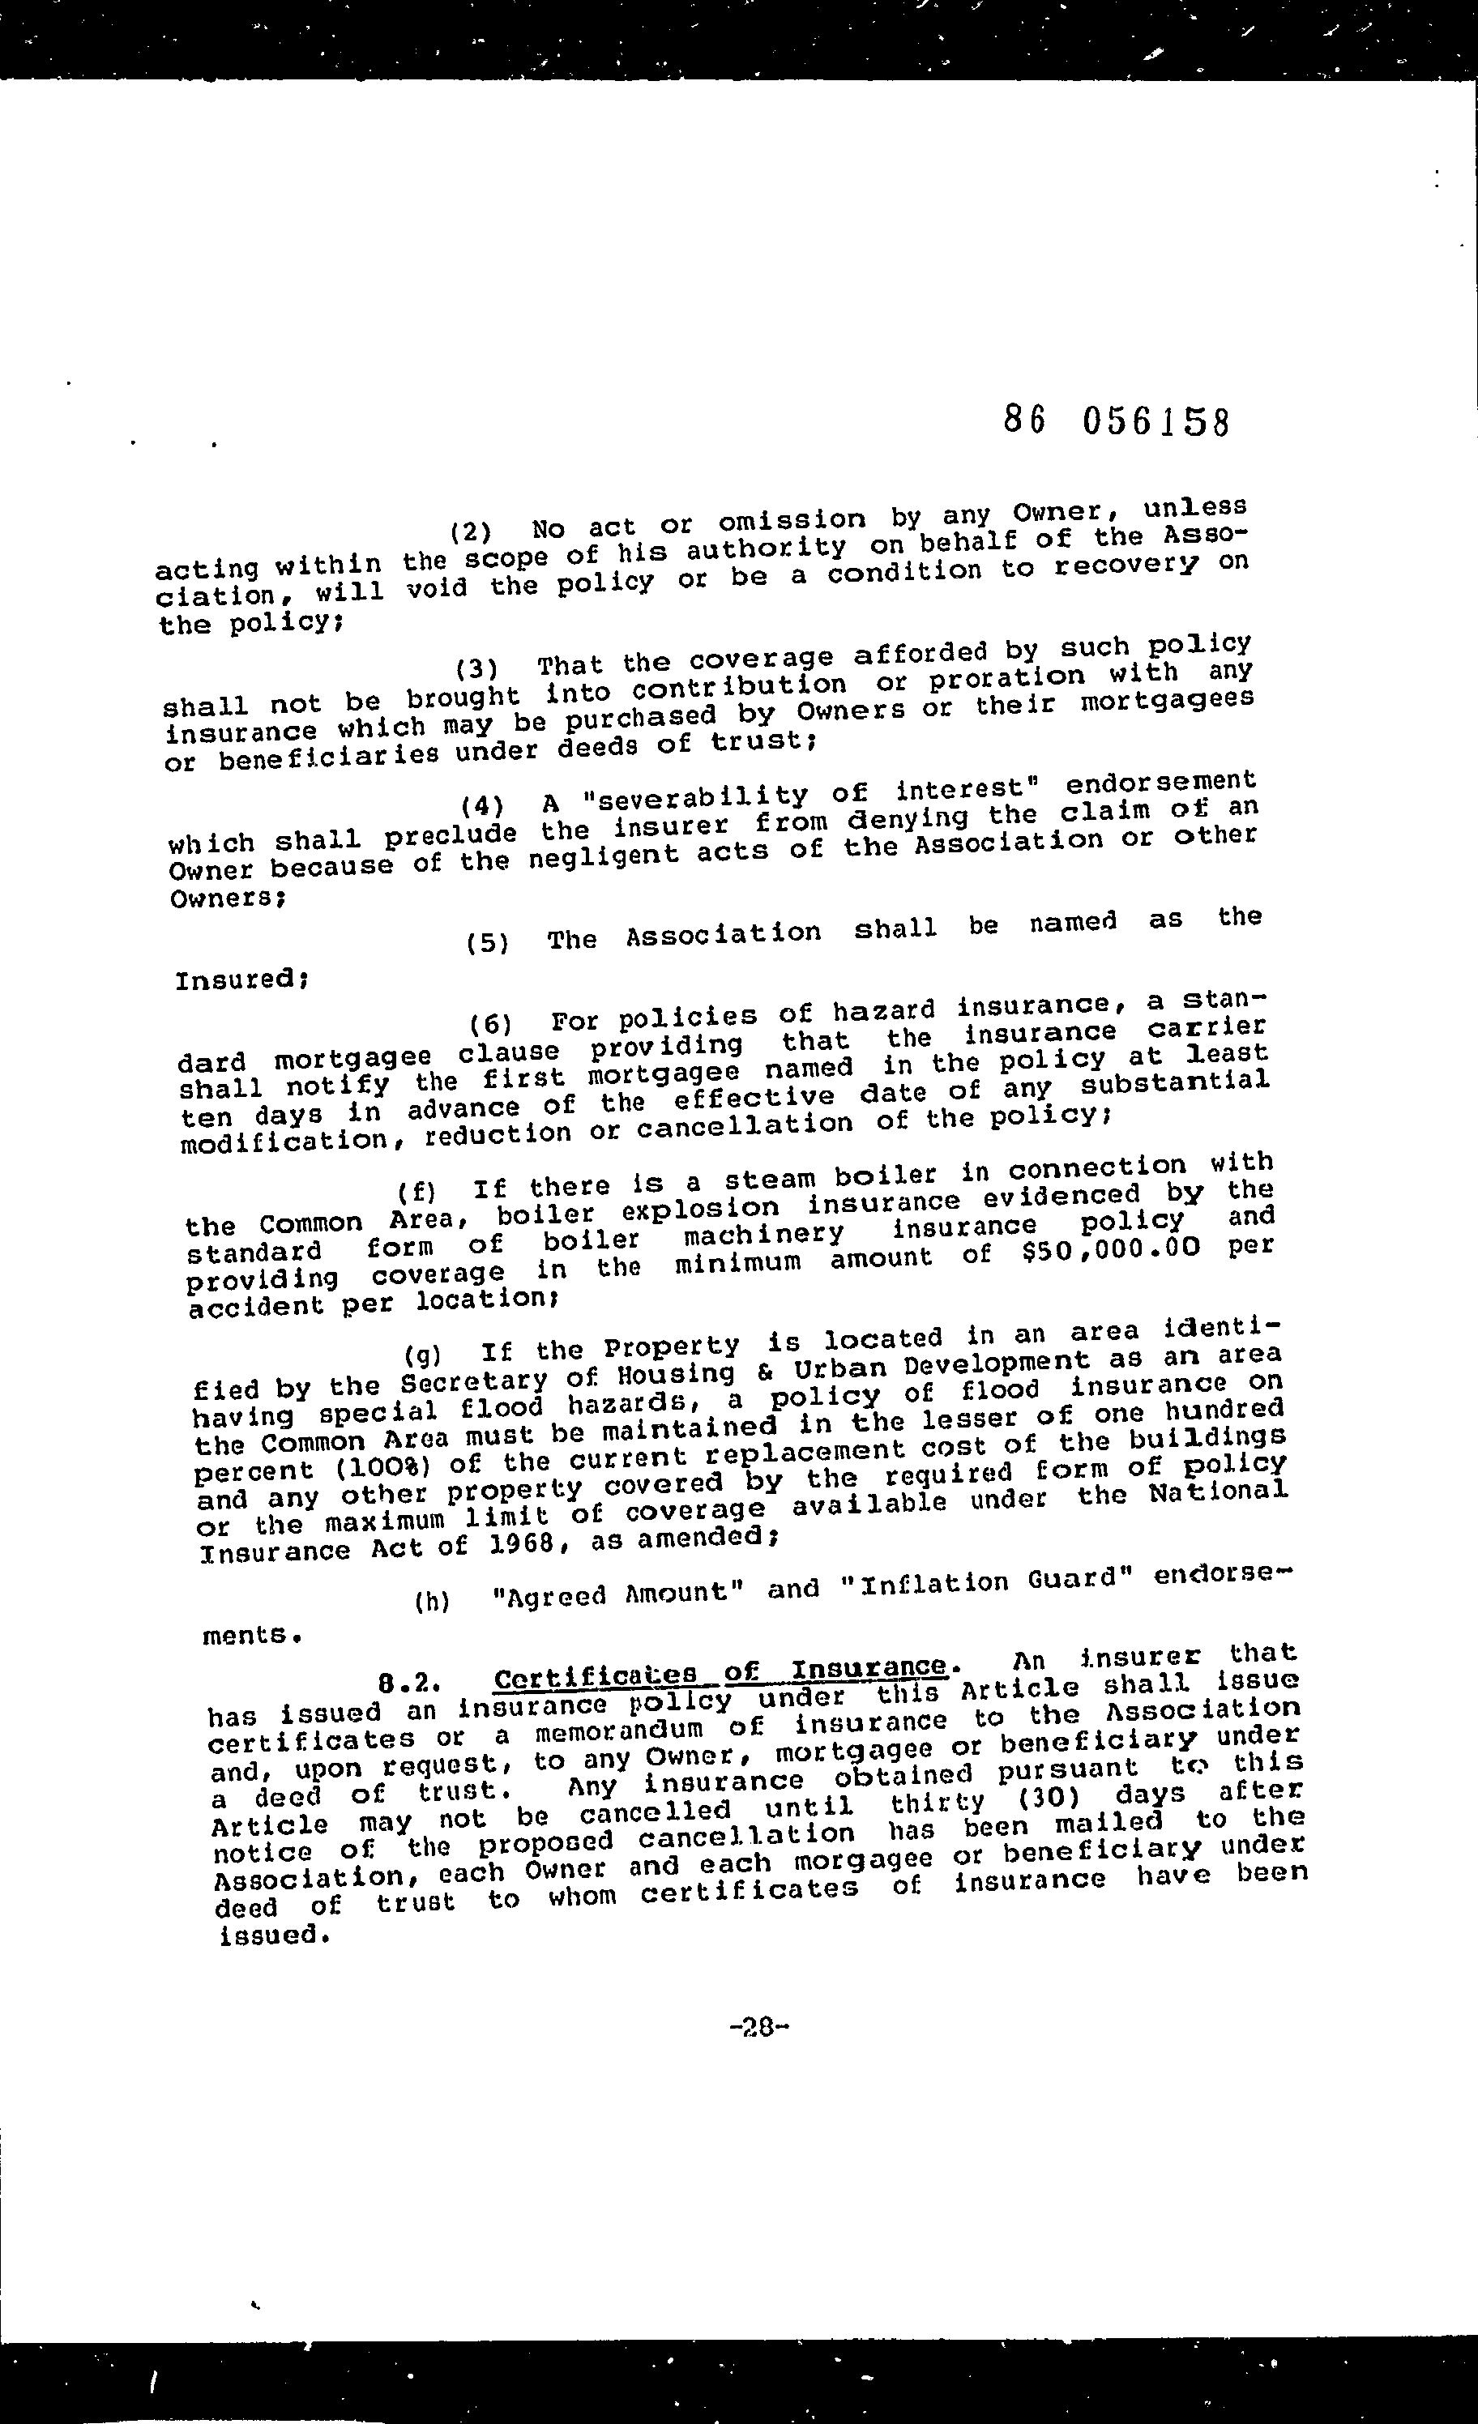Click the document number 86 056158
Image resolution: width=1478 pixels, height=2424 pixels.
tap(1117, 421)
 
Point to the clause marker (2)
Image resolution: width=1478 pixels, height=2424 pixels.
tap(470, 533)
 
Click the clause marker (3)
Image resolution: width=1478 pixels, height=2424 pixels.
tap(476, 670)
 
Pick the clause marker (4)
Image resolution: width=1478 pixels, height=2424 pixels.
tap(482, 805)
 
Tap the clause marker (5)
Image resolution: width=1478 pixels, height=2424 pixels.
tap(488, 942)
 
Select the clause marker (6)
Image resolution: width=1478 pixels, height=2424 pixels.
tap(492, 1024)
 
